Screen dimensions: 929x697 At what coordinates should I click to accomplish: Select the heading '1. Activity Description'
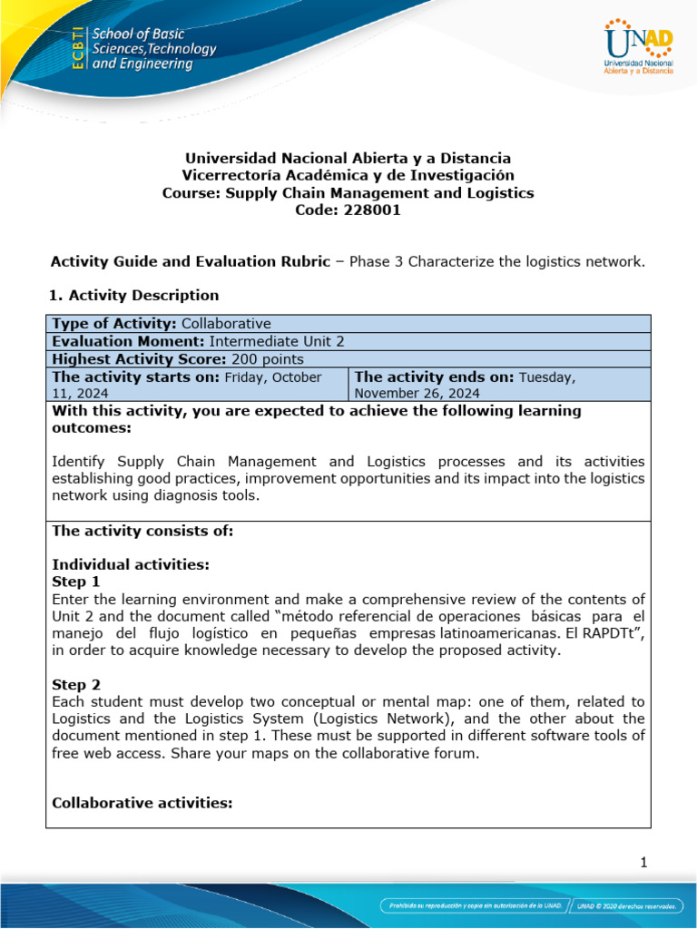pos(135,295)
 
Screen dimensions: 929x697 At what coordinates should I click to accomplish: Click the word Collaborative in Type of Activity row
pos(226,324)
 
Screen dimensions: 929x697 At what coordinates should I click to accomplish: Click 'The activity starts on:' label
pos(136,376)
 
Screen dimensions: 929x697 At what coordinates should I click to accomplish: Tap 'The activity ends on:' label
pos(434,376)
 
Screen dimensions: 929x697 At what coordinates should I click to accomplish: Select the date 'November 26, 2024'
pos(417,393)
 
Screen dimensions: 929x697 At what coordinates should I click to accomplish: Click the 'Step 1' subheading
pos(76,582)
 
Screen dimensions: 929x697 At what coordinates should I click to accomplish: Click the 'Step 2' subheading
pos(76,685)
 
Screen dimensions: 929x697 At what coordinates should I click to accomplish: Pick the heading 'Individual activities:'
pos(131,564)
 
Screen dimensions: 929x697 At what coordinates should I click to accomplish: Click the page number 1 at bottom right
pos(643,863)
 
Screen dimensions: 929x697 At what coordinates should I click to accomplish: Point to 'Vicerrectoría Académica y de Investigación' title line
pos(348,175)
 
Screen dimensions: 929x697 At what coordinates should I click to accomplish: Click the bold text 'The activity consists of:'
pos(142,531)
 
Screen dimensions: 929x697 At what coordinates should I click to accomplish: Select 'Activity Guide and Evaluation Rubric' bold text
pos(190,261)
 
